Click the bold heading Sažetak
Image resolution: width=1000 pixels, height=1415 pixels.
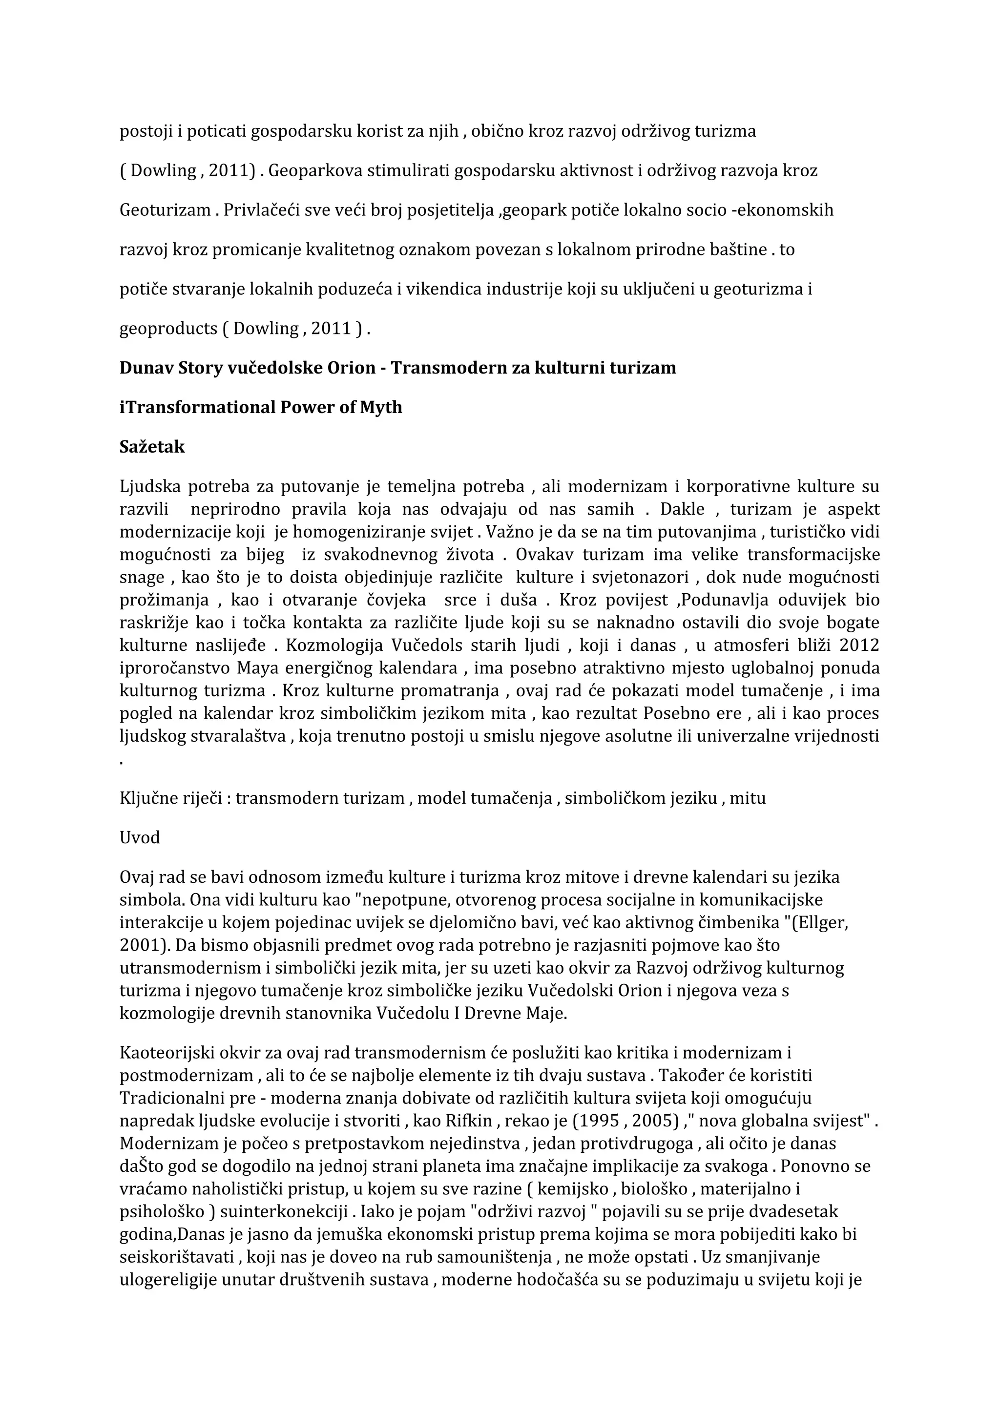pos(151,447)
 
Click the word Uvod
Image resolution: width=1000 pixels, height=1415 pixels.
pos(140,837)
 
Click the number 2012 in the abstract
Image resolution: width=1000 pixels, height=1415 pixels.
pos(859,645)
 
